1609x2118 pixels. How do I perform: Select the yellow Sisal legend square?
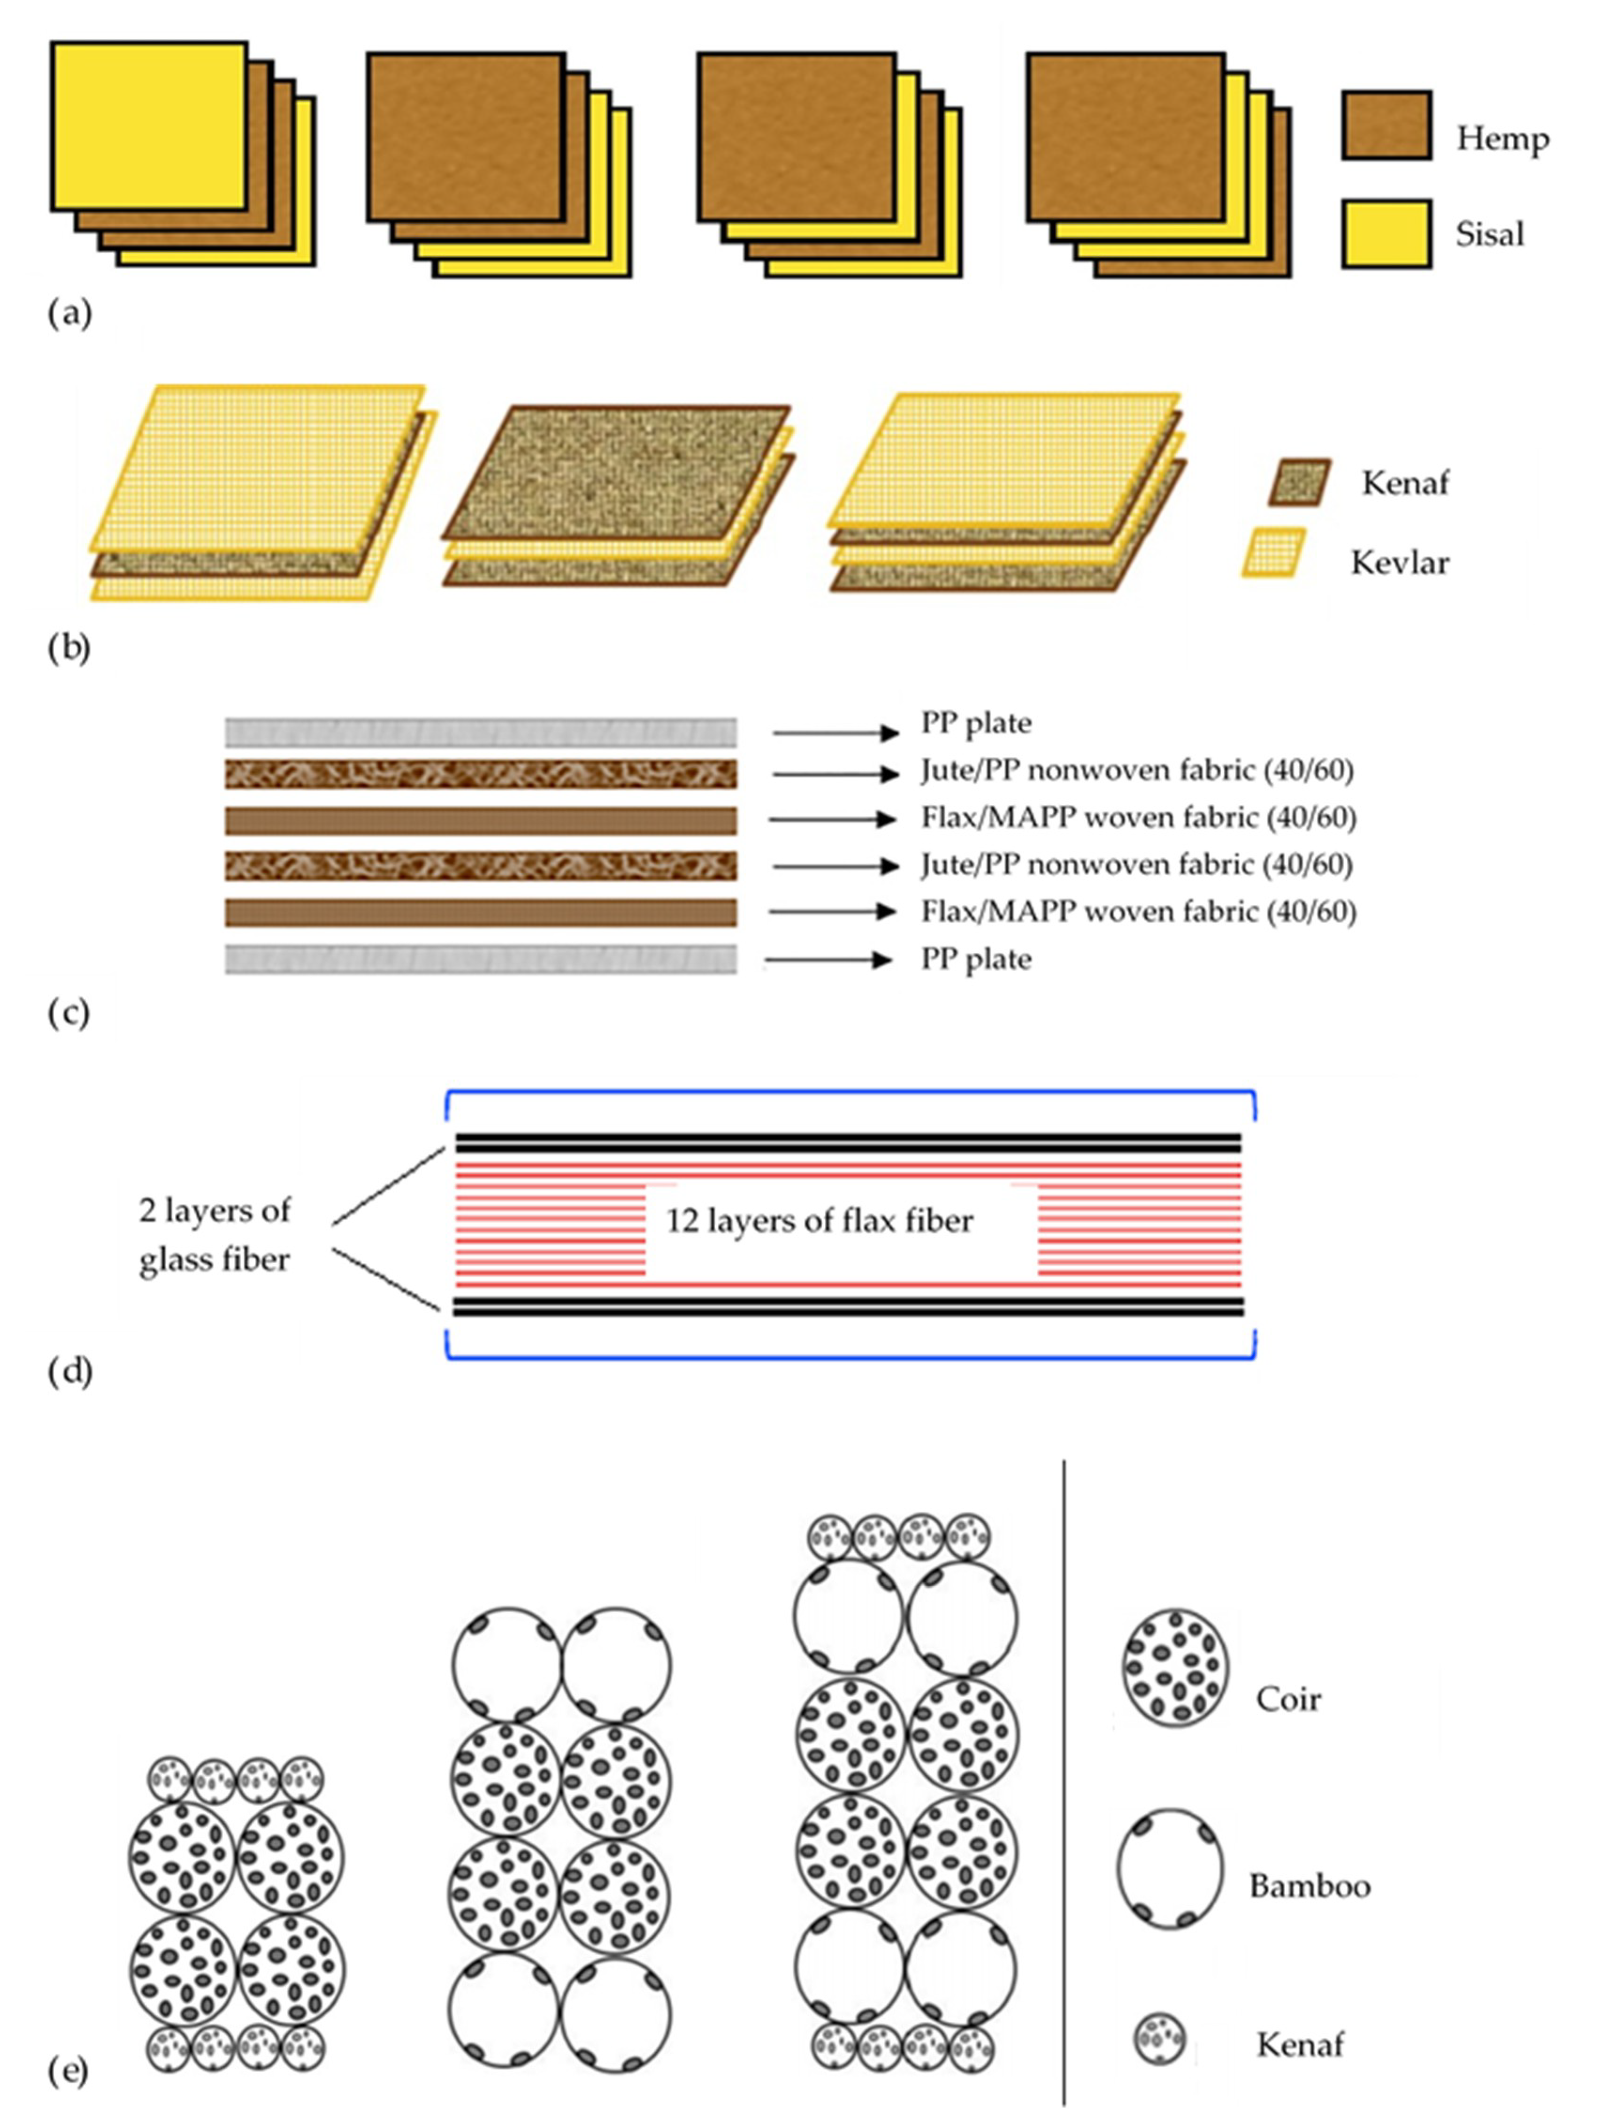coord(1386,234)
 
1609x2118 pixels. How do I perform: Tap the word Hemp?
coord(1502,139)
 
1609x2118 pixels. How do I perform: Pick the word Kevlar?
coord(1399,562)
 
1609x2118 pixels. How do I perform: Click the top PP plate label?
coord(976,723)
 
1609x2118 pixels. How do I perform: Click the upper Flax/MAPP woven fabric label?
coord(1138,817)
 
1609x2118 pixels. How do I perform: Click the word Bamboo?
coord(1309,1886)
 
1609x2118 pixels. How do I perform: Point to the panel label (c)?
coord(69,1014)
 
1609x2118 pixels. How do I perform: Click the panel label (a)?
coord(69,313)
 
